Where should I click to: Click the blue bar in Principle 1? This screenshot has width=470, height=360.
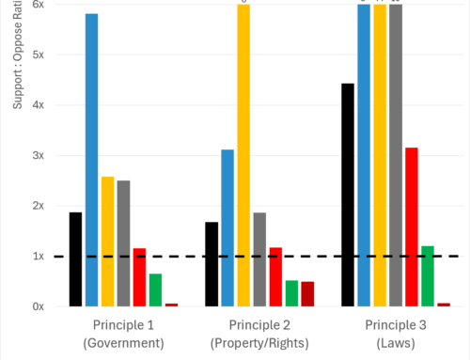[91, 160]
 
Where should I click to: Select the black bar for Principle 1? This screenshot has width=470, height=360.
[75, 258]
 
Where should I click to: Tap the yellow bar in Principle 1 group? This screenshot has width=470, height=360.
[107, 241]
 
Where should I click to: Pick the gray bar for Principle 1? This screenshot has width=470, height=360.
[123, 243]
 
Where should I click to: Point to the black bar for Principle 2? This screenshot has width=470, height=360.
[211, 263]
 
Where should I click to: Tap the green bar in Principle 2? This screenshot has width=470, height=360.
[291, 292]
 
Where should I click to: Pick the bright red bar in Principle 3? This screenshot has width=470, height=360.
[411, 227]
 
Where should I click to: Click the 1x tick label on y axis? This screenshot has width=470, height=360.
[39, 256]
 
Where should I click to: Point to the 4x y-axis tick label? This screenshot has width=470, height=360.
[39, 104]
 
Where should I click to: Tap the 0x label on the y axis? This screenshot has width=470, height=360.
[39, 306]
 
